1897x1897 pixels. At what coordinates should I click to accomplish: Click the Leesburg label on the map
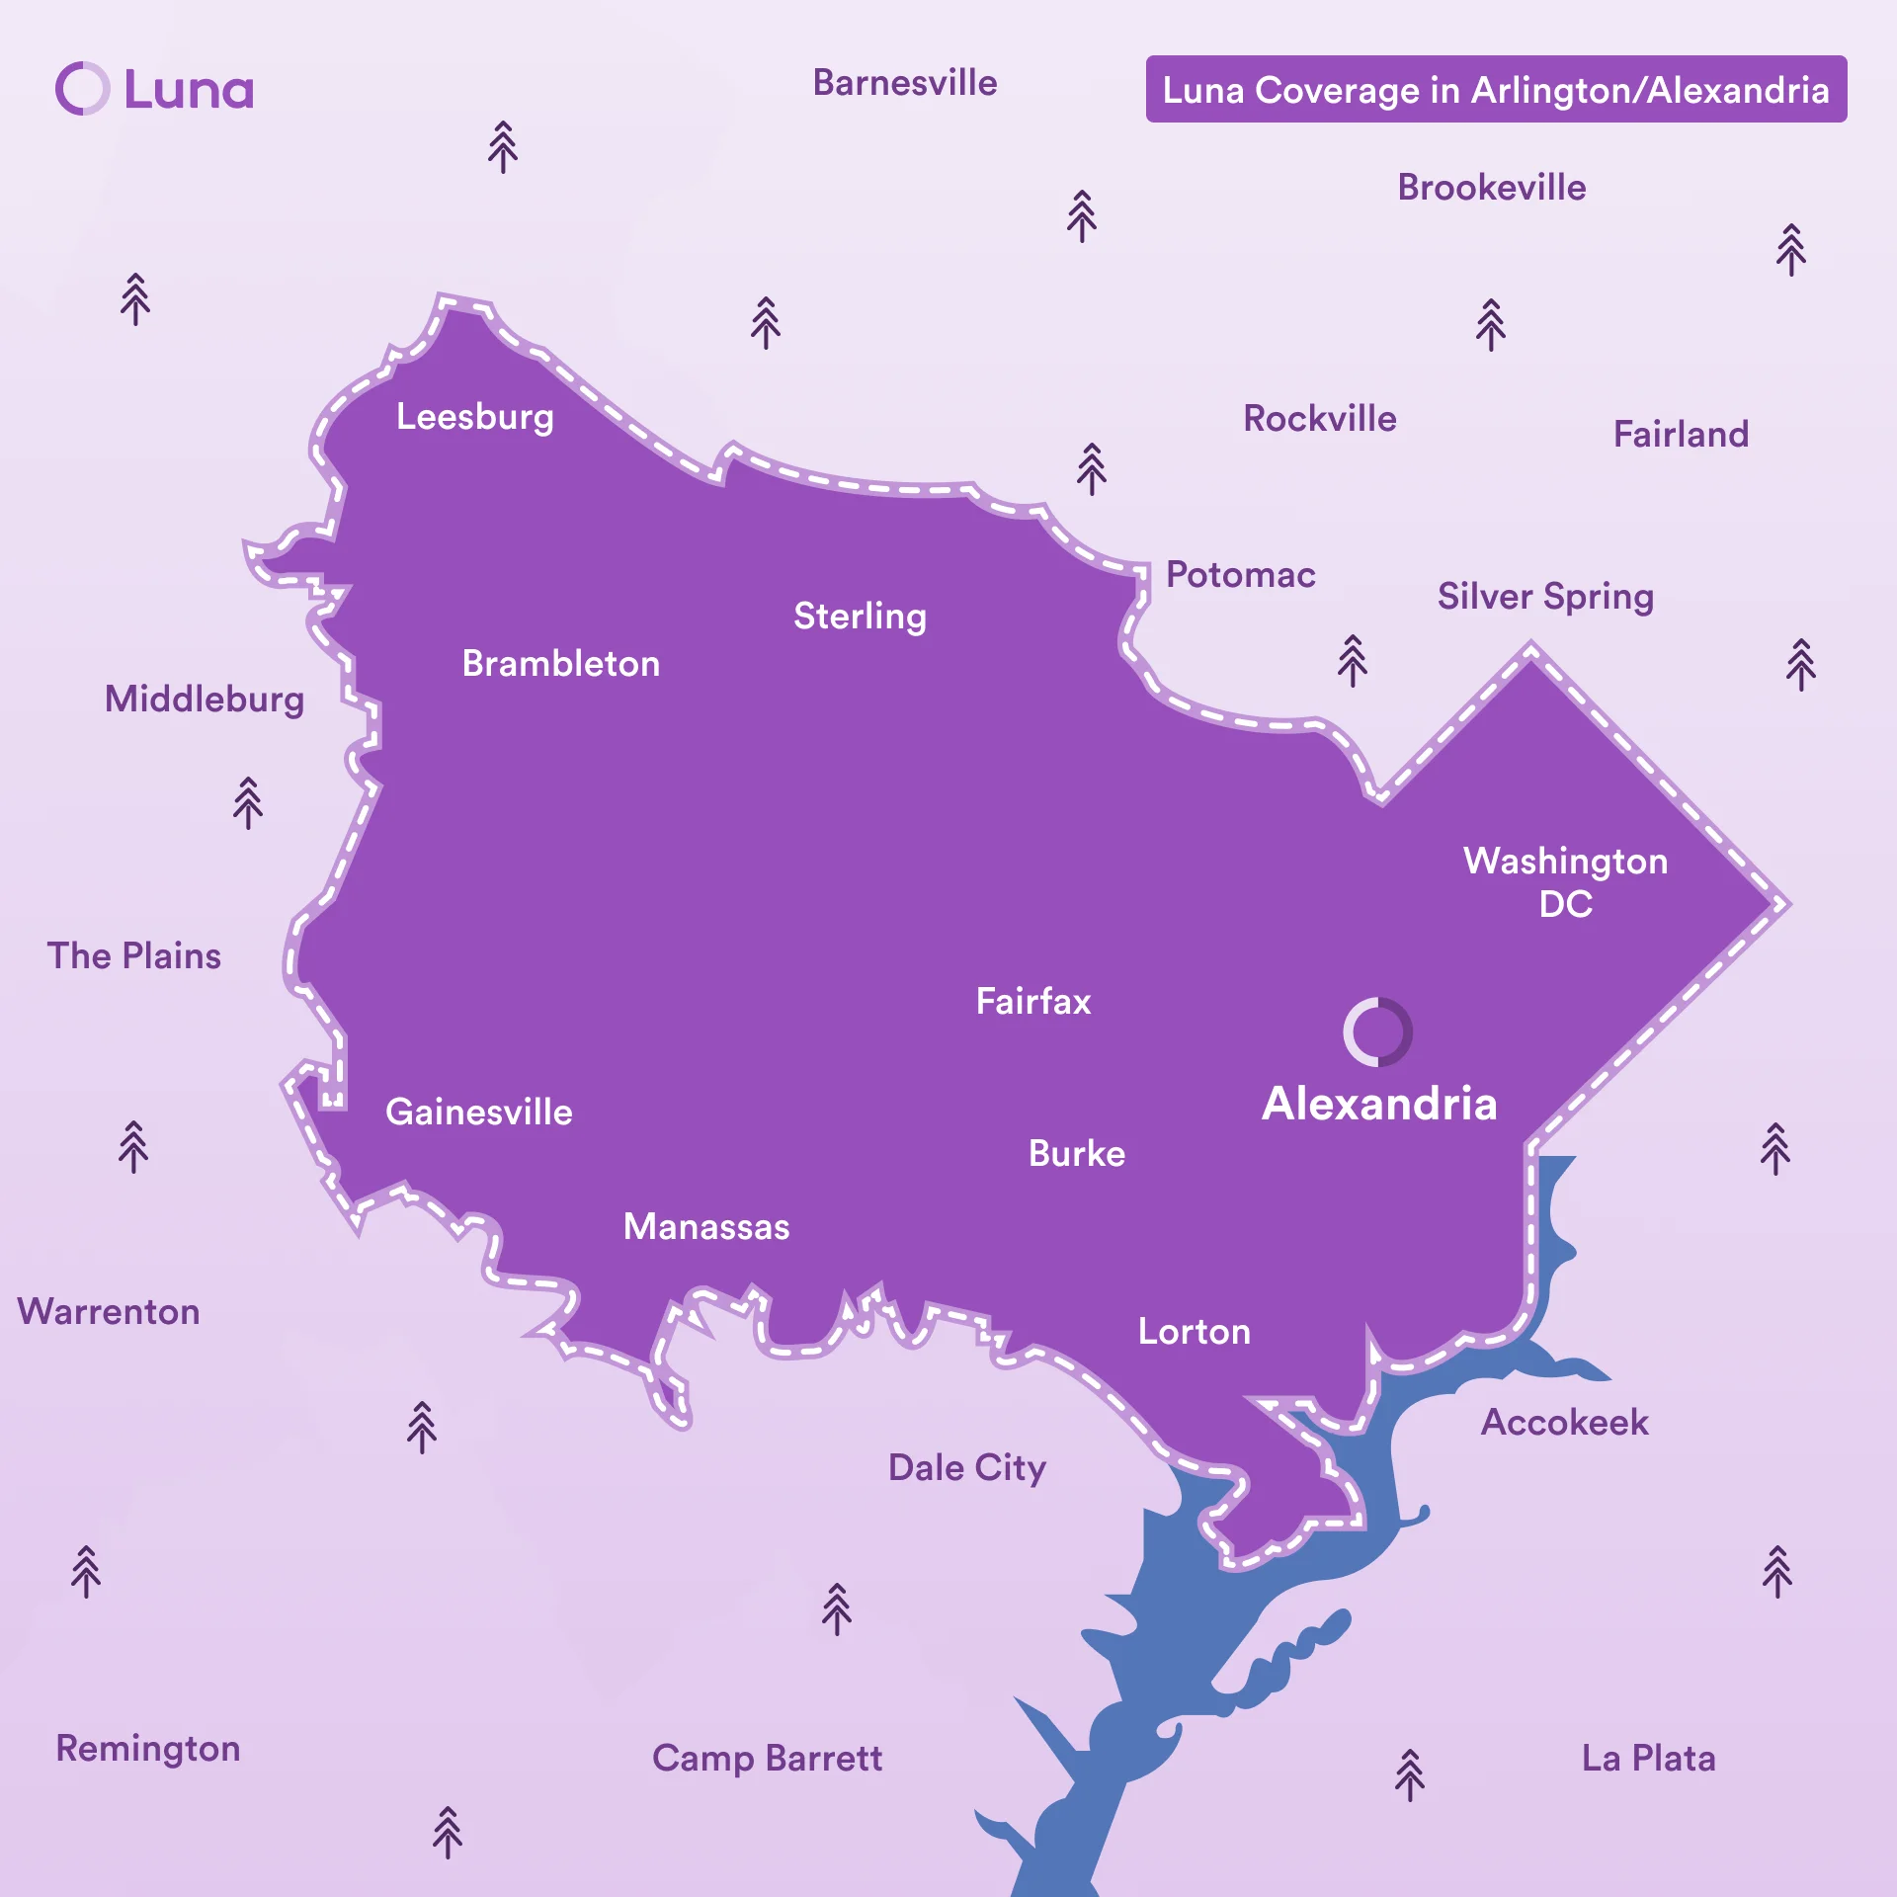[x=474, y=417]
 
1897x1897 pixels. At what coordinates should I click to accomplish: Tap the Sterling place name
[x=860, y=617]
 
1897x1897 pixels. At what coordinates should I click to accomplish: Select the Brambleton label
[x=560, y=663]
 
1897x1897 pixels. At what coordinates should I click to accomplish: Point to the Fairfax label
[x=1033, y=1001]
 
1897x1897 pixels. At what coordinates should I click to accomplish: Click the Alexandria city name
[x=1379, y=1103]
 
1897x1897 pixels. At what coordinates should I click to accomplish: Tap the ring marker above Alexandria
[x=1377, y=1031]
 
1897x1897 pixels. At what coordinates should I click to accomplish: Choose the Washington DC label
[x=1565, y=881]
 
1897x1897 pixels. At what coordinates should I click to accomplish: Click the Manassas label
[x=706, y=1226]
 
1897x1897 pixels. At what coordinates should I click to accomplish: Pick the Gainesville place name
[x=478, y=1112]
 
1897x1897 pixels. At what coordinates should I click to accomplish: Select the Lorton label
[x=1194, y=1331]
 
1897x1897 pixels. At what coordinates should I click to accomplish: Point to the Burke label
[x=1077, y=1153]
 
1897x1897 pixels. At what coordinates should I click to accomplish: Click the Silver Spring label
[x=1545, y=597]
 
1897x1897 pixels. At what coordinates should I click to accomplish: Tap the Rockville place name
[x=1319, y=418]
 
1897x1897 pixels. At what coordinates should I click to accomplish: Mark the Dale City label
[x=966, y=1468]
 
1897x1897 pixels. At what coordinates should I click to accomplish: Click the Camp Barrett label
[x=767, y=1758]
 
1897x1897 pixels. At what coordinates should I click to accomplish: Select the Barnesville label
[x=904, y=83]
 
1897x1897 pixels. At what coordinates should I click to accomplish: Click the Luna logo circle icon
[x=82, y=89]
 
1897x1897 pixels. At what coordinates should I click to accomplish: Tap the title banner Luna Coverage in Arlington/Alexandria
[x=1496, y=90]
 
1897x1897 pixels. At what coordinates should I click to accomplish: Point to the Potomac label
[x=1240, y=575]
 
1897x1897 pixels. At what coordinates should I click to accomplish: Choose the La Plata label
[x=1648, y=1758]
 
